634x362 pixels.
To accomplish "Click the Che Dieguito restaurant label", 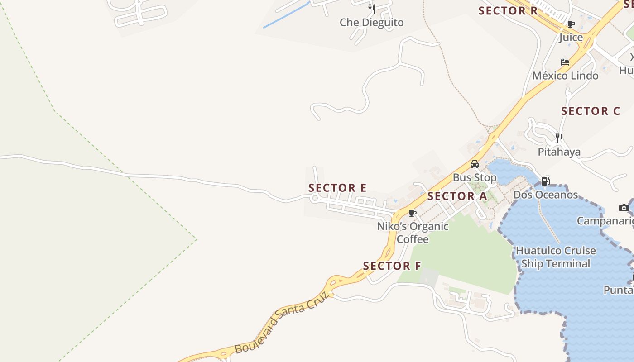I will (x=371, y=22).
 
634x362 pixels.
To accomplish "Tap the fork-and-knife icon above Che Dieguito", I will (x=371, y=9).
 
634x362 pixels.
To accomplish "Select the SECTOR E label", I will (x=337, y=188).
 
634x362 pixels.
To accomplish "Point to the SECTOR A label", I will (x=457, y=196).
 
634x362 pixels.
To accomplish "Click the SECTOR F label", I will (x=392, y=266).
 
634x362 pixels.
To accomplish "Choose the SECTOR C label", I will (x=591, y=111).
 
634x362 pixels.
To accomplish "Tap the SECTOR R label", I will (x=508, y=11).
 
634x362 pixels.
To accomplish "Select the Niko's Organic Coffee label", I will (x=413, y=233).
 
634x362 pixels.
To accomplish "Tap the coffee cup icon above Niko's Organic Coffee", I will (x=412, y=213).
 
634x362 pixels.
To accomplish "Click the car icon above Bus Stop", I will (x=475, y=164).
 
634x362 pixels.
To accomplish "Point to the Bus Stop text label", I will (x=475, y=177).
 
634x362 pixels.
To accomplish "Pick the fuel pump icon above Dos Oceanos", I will (x=546, y=181).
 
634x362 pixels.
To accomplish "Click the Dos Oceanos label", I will (x=546, y=195).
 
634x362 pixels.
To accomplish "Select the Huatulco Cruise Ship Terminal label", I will (x=556, y=257).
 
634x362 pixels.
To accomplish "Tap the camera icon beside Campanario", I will (x=624, y=208).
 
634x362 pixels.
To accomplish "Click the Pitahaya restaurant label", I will (x=559, y=152).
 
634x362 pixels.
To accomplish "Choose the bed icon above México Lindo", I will (x=565, y=62).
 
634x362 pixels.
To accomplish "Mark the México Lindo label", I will (x=565, y=76).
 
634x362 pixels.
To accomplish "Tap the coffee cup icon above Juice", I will (x=571, y=24).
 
